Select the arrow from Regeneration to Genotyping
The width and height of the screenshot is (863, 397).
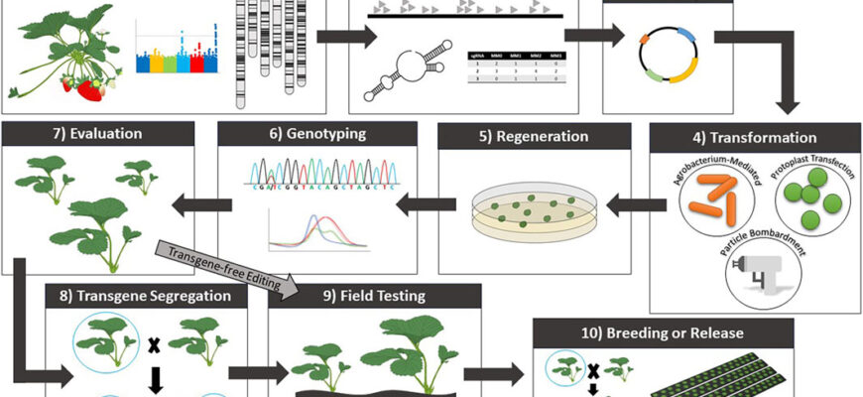418,205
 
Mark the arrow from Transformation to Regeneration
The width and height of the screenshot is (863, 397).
635,205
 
